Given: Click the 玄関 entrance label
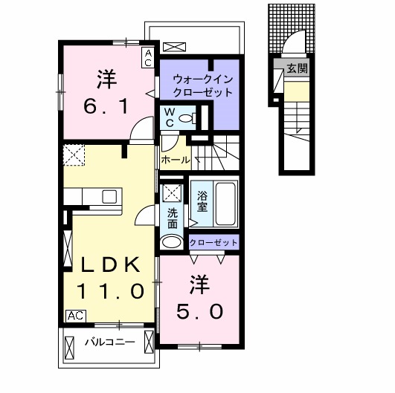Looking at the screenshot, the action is point(298,68).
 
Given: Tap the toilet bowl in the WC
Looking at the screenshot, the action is point(187,117).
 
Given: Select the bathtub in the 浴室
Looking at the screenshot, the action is point(225,204).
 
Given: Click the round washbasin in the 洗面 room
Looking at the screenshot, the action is point(172,242).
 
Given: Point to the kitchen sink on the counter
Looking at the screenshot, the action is point(109,196).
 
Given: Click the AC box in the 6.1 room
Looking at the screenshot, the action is point(148,58).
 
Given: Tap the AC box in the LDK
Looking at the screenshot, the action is point(76,316).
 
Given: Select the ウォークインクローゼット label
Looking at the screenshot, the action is point(202,86).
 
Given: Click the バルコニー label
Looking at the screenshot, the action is point(110,342).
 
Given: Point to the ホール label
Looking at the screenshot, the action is point(176,160).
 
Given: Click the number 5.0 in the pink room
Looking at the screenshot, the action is point(199,311).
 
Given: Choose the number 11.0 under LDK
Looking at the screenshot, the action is point(110,291).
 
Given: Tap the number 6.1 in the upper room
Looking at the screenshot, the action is point(106,106).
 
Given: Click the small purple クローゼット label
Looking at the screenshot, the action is point(213,242).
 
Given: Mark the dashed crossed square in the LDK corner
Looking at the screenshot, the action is point(74,155).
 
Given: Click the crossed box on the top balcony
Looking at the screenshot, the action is point(175,47).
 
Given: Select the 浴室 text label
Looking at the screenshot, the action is point(202,201).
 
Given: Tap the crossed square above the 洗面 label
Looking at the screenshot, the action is point(172,193).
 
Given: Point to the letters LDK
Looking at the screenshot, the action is point(110,264).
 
